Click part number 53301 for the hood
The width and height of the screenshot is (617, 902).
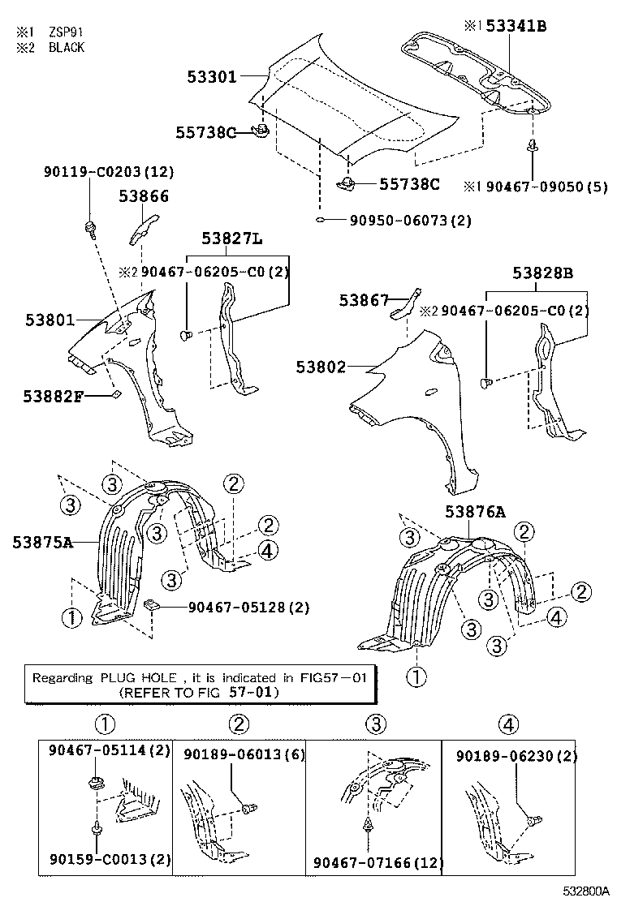tap(211, 77)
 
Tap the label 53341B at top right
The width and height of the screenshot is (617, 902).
tap(517, 26)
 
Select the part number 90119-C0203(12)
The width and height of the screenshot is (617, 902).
tap(108, 172)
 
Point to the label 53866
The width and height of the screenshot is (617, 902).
tap(144, 195)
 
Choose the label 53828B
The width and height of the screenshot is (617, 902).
tap(542, 273)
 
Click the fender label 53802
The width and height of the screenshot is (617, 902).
tap(321, 367)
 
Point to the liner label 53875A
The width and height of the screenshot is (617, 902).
tap(42, 541)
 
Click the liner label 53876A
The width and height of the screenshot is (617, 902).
tap(475, 511)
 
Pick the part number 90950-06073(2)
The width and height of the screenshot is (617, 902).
tap(411, 221)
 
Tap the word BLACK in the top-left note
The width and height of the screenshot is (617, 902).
tap(67, 47)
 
